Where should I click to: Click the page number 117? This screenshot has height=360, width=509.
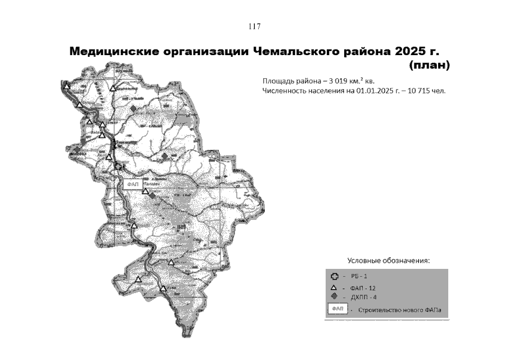[254, 26]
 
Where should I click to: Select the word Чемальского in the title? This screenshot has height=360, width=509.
[300, 52]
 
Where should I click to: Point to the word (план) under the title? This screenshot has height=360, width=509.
[430, 65]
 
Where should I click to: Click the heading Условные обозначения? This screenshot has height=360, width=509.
[388, 260]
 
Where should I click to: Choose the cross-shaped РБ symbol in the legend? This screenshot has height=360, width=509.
[333, 277]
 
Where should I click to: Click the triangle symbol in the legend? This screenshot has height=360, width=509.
[333, 288]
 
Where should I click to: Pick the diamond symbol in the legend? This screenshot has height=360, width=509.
[333, 296]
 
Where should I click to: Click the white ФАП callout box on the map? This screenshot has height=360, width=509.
[133, 184]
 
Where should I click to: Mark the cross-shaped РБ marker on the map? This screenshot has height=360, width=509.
[117, 166]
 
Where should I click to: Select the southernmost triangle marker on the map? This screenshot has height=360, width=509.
[163, 289]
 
